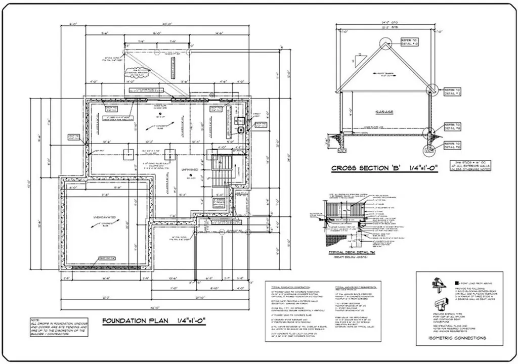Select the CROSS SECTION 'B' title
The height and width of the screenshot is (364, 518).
point(384,168)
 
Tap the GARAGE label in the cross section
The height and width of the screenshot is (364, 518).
point(384,112)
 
